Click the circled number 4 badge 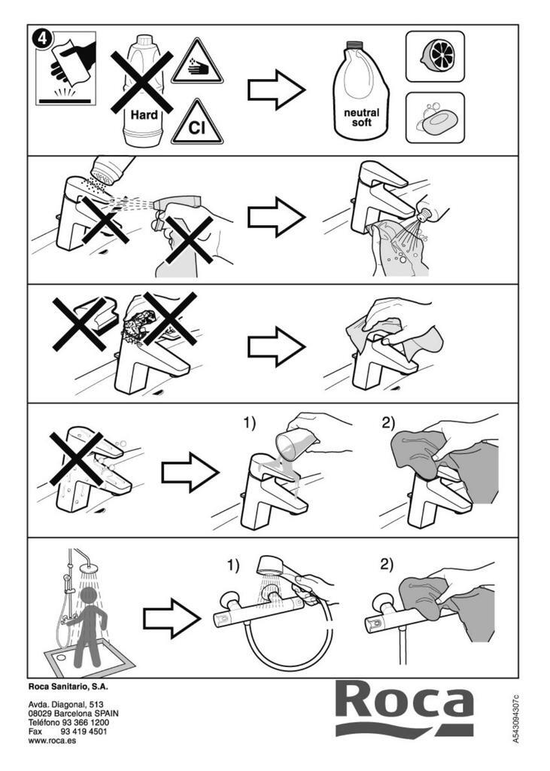click(x=42, y=38)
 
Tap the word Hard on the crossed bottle click(x=144, y=115)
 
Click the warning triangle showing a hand click(x=197, y=62)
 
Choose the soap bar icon click(x=435, y=118)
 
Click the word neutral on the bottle click(x=361, y=113)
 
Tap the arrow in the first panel click(x=277, y=90)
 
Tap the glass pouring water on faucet click(x=294, y=443)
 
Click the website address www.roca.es click(x=53, y=741)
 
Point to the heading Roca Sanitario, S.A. click(x=68, y=687)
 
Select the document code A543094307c click(x=515, y=718)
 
